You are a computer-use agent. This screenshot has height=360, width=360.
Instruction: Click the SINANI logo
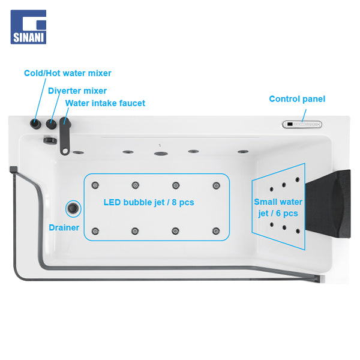[x=28, y=27]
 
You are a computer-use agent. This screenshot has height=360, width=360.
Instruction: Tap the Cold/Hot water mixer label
[x=68, y=73]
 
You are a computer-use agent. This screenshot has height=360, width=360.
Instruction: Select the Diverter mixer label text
[x=77, y=91]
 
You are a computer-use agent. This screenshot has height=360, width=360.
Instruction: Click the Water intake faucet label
[x=105, y=103]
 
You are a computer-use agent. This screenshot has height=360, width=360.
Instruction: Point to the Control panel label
[x=297, y=99]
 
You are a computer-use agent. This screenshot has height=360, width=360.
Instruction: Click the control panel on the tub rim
[x=302, y=124]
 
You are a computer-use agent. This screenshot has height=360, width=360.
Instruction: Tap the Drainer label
[x=64, y=227]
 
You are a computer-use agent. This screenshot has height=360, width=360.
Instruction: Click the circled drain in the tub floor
[x=73, y=208]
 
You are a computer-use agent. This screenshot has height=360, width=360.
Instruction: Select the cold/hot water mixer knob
[x=35, y=124]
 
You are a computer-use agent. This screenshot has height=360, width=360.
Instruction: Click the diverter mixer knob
[x=51, y=124]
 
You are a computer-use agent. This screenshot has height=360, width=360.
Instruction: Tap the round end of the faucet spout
[x=65, y=151]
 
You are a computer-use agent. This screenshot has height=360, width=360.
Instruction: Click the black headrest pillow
[x=328, y=204]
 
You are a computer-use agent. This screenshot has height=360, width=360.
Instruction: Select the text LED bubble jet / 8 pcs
[x=149, y=202]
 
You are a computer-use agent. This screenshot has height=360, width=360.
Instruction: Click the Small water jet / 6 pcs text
[x=278, y=208]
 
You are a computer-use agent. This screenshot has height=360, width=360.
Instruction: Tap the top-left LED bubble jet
[x=95, y=185]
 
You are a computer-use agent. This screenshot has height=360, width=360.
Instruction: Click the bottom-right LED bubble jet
[x=216, y=231]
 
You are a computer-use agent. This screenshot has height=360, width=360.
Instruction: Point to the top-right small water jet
[x=298, y=179]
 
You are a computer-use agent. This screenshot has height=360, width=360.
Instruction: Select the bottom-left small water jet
[x=272, y=224]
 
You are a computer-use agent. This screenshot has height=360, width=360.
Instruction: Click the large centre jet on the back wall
[x=161, y=154]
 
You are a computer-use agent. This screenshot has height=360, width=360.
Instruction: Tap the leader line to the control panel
[x=304, y=115]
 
